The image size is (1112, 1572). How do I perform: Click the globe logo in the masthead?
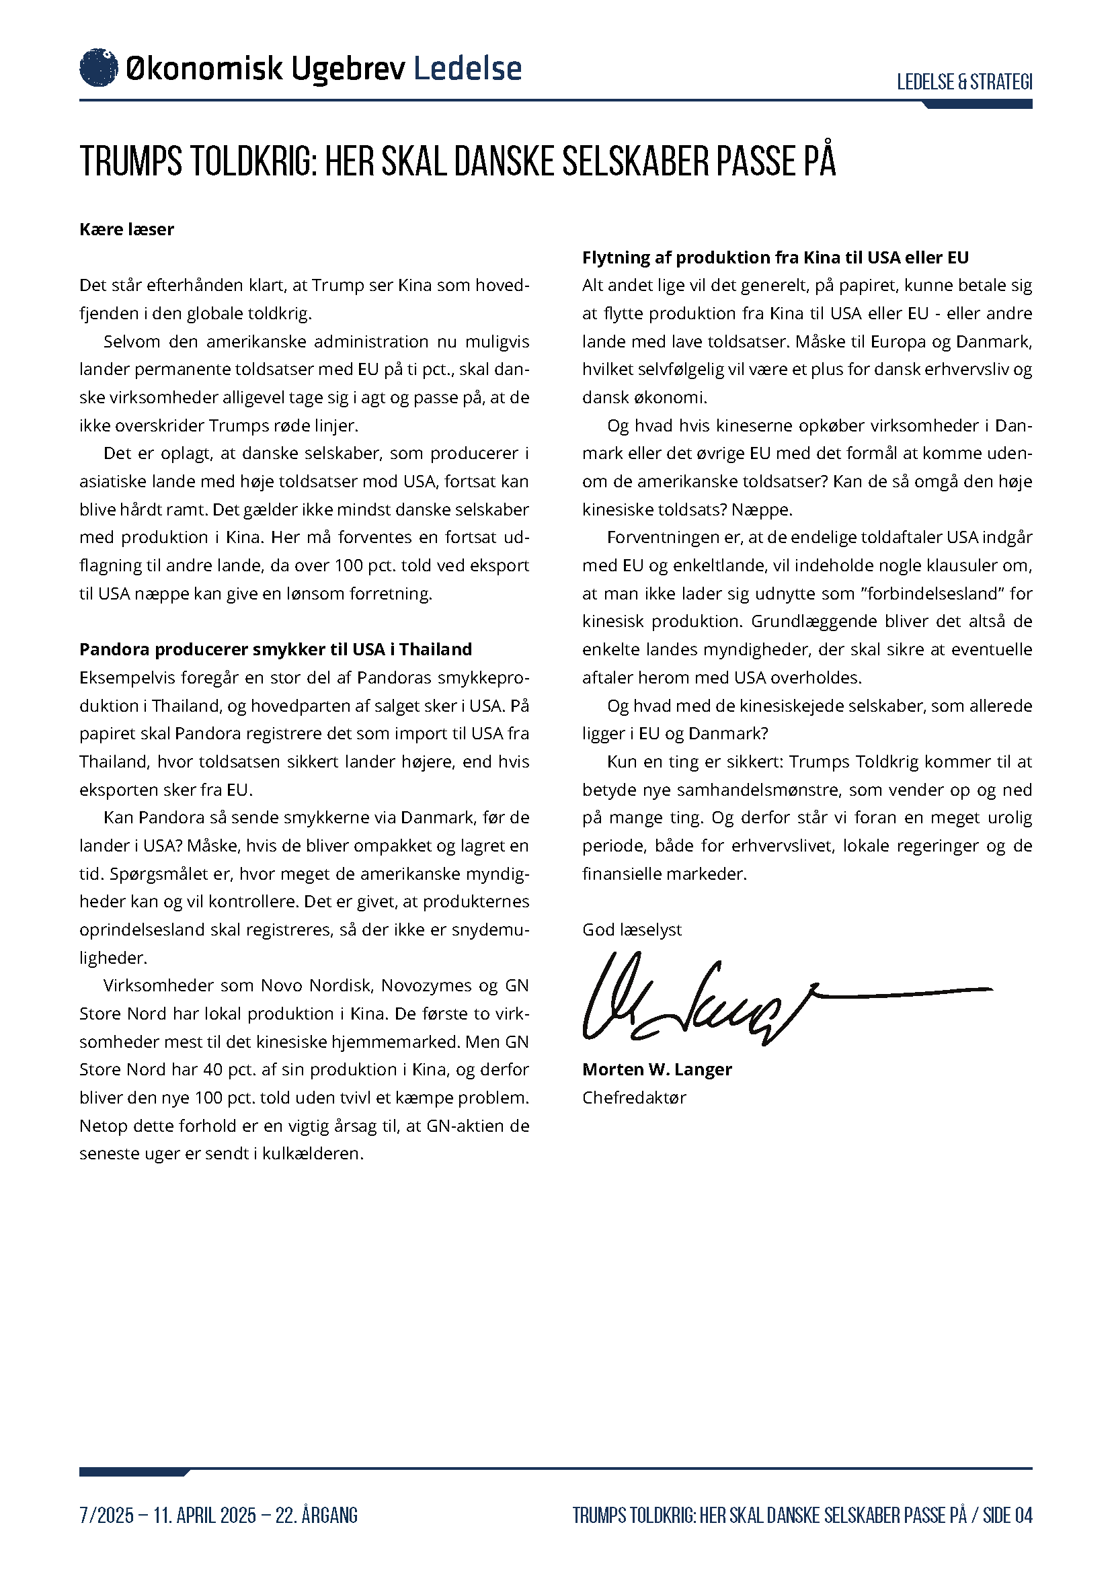(99, 68)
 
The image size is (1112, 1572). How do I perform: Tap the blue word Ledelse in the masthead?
(468, 69)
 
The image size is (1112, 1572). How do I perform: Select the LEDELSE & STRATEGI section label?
(964, 82)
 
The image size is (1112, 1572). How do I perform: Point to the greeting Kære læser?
(126, 229)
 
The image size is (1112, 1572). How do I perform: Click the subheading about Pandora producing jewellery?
(275, 649)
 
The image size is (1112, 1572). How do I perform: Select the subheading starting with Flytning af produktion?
(775, 257)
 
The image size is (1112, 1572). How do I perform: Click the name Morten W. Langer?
(657, 1069)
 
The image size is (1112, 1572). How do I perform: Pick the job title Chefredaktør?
(634, 1098)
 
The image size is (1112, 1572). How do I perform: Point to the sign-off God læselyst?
(632, 929)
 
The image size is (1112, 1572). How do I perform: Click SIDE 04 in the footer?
(1007, 1515)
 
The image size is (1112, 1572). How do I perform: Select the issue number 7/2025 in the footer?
(106, 1515)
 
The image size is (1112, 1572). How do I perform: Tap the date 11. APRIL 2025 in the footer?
(205, 1515)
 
